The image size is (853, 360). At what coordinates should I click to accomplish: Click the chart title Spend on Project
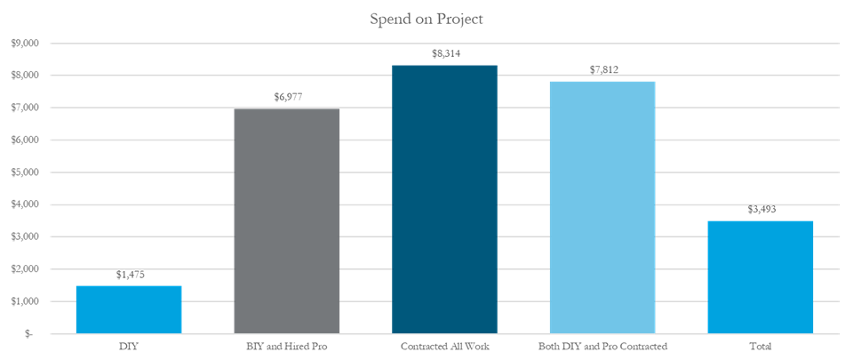tap(426, 19)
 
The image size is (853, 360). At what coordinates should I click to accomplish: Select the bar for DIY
tap(129, 309)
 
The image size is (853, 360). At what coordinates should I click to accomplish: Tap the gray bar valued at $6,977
tap(286, 220)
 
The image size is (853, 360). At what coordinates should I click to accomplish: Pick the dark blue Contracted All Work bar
tap(444, 199)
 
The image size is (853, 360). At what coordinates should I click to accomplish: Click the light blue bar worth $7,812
tap(602, 207)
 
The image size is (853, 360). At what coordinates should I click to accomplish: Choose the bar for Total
tap(761, 276)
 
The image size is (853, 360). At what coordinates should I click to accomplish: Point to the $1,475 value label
tap(129, 275)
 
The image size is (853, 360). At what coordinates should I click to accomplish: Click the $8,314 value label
tap(444, 54)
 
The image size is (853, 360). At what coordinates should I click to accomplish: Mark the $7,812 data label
tap(602, 70)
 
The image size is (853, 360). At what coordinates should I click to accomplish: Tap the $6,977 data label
tap(286, 97)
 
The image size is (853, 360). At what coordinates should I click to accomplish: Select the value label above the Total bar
tap(761, 210)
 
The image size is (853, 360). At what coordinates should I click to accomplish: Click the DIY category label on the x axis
tap(129, 344)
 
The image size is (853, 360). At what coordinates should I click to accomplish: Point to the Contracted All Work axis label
tap(444, 344)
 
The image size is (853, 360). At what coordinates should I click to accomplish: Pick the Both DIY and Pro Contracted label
tap(602, 344)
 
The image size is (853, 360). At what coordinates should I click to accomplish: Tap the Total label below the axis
tap(761, 344)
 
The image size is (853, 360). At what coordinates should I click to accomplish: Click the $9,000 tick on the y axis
tap(24, 44)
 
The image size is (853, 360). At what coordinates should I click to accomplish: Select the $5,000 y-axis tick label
tap(24, 172)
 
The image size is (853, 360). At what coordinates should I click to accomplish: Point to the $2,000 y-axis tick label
tap(24, 269)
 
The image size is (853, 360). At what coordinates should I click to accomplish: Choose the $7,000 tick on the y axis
tap(24, 108)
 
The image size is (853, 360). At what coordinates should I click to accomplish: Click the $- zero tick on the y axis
tap(29, 334)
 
